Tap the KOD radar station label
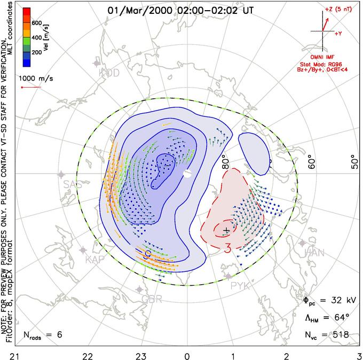point(110,73)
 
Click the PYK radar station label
point(240,285)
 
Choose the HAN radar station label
point(314,253)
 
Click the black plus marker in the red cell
point(226,230)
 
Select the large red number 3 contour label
point(227,248)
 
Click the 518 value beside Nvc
point(340,335)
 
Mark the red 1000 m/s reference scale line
point(30,88)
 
